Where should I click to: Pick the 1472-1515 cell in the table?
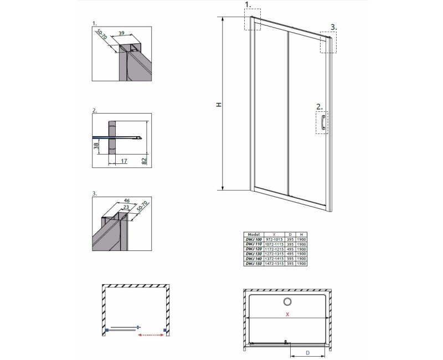tap(275, 264)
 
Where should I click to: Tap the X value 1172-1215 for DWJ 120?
tap(275, 249)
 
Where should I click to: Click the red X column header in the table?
tap(275, 234)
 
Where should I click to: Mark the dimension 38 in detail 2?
tap(96, 147)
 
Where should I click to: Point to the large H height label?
tap(219, 105)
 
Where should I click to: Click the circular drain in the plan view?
tap(288, 302)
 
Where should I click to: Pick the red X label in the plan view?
tap(287, 315)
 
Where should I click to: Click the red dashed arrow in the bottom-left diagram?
tap(151, 335)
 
